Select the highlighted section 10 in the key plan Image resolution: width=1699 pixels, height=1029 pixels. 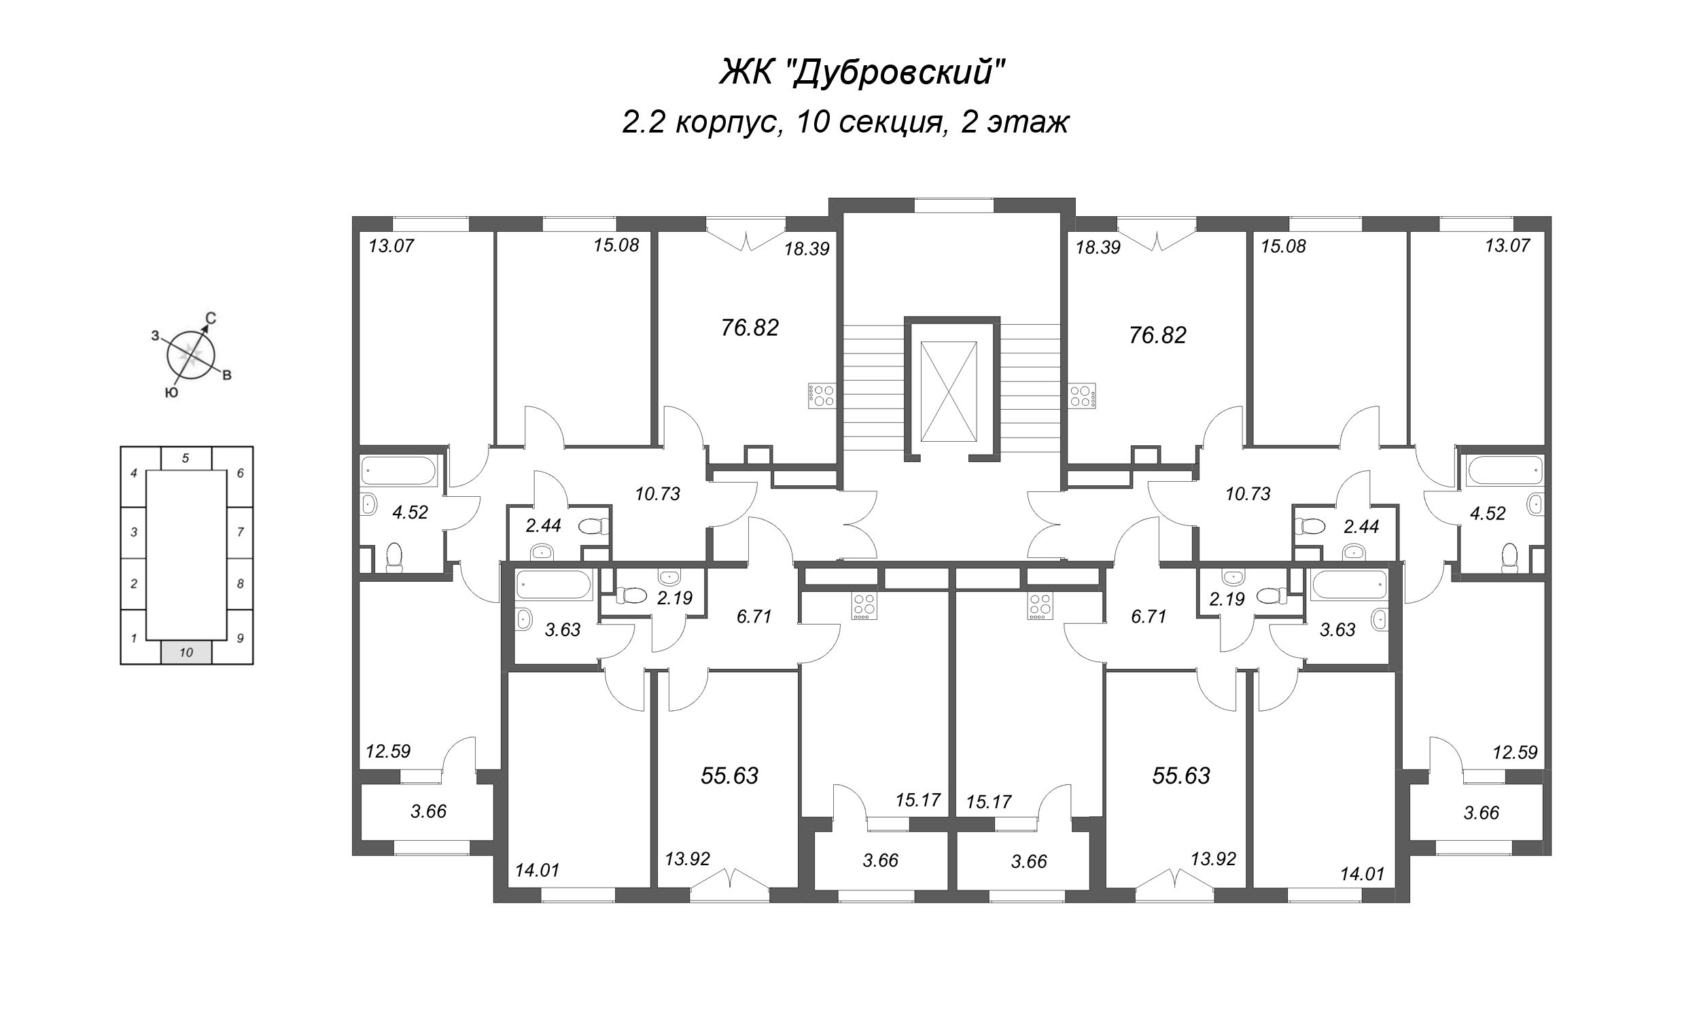(x=186, y=652)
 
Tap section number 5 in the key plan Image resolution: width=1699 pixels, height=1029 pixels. (x=186, y=458)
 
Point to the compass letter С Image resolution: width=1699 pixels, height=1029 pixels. (x=211, y=319)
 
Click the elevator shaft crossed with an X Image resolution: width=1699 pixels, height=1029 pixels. (x=949, y=391)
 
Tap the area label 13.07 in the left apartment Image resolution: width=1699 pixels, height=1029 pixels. (x=391, y=245)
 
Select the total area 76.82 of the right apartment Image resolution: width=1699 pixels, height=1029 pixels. (x=1158, y=335)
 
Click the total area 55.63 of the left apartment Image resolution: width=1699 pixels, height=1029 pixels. (x=729, y=776)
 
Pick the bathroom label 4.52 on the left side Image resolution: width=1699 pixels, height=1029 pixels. (x=410, y=512)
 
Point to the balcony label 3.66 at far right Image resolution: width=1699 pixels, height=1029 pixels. (x=1481, y=813)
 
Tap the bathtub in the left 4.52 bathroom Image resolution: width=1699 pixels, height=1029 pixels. (x=398, y=472)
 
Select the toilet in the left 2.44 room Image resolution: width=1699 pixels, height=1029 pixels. (x=593, y=527)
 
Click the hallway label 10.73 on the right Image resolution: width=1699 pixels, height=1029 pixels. (x=1247, y=494)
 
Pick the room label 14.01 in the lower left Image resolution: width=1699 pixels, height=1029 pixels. (x=537, y=871)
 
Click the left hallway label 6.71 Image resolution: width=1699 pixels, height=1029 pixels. (x=754, y=616)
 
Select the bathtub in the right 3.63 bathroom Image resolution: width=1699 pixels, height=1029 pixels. (x=1348, y=587)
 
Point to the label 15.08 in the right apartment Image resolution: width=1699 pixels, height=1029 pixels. (x=1283, y=246)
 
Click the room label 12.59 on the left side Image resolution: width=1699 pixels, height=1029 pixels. (x=388, y=751)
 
